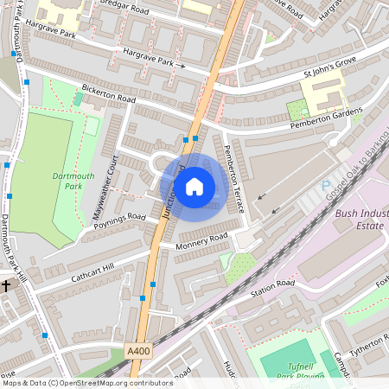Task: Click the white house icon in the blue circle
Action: pos(194,186)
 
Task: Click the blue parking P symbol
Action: pos(325,186)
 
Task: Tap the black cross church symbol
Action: pos(5,285)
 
